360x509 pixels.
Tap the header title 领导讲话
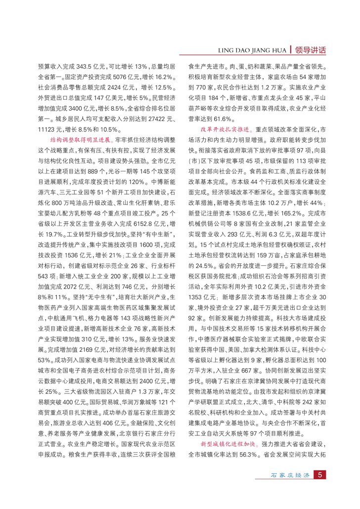coord(310,50)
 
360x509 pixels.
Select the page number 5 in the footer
coord(320,489)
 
